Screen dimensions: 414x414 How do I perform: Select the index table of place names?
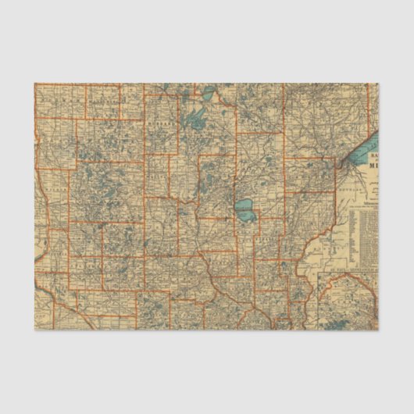(364, 234)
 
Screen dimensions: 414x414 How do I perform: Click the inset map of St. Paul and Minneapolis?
(348, 301)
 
